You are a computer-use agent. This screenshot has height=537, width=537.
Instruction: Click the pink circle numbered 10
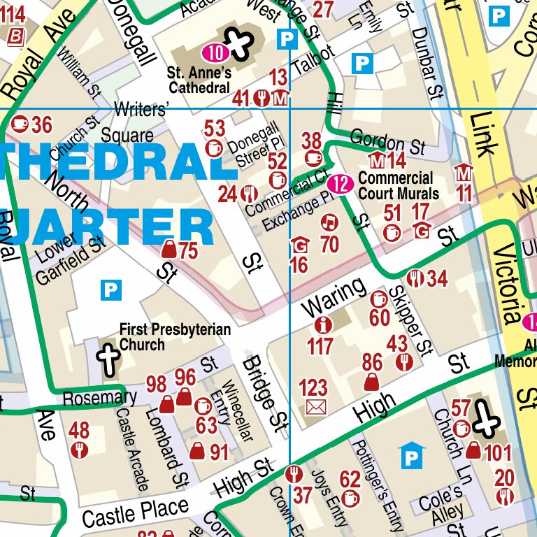coord(216,52)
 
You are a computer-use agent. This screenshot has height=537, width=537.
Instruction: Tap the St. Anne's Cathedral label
coord(199,80)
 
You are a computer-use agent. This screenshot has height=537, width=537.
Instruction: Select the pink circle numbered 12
coord(340,185)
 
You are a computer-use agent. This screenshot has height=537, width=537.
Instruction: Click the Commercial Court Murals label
coord(398,186)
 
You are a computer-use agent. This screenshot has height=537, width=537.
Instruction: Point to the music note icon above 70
coord(328,223)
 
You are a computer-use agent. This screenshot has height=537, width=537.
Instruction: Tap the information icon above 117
coord(322,325)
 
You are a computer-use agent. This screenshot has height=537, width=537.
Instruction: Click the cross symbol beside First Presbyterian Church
coord(108,357)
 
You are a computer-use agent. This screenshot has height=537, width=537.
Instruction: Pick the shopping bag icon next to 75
coord(169,249)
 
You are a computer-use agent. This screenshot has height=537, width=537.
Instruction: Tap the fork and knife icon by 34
coord(415,278)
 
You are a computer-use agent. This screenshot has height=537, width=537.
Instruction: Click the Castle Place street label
coord(135,513)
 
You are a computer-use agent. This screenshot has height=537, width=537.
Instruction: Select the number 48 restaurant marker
coord(80,439)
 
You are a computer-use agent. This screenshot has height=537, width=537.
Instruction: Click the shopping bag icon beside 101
coord(473,451)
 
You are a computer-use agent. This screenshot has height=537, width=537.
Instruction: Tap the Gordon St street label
coord(387,143)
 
